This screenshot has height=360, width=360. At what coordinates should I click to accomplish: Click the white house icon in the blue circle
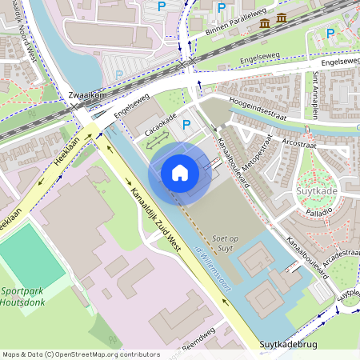180,173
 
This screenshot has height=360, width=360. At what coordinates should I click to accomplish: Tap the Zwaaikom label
88,94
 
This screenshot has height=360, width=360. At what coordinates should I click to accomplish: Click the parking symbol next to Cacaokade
186,124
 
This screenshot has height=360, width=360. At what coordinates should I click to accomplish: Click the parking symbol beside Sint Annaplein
331,33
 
